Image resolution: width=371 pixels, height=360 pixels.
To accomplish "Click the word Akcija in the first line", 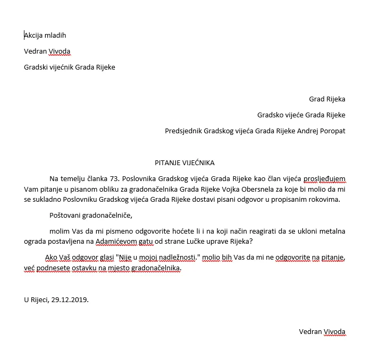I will coord(35,36).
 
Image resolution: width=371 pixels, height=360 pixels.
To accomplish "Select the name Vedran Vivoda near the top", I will coord(47,52).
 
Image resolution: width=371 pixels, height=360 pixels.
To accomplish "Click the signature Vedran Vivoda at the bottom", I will coord(322,332).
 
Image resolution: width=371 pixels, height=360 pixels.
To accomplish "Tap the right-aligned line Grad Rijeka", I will coord(327,99).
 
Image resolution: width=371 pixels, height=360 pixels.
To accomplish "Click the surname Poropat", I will coord(331,131).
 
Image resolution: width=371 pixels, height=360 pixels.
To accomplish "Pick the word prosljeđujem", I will coord(324,178).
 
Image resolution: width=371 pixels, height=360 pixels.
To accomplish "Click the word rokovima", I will coord(325,200).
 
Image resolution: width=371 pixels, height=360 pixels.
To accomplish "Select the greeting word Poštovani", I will coord(66,216).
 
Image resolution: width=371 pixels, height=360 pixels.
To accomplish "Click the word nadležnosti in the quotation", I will coord(178,258).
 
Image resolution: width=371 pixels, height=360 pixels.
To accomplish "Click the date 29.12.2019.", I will coord(70,299).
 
